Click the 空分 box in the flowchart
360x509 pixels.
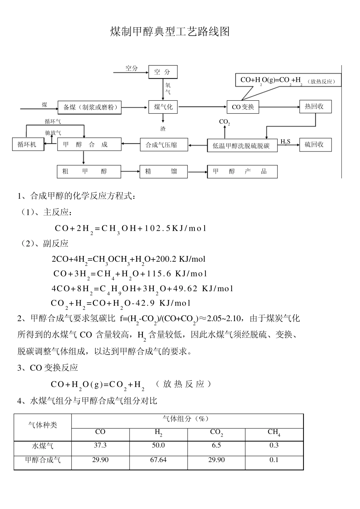(163, 72)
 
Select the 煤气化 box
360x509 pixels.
(163, 107)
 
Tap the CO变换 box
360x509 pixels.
(243, 107)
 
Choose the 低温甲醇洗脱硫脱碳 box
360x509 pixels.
(242, 145)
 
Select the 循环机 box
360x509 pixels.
(28, 144)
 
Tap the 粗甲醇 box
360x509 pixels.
(89, 172)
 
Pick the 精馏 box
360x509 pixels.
(163, 172)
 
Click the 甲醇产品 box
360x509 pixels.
(242, 172)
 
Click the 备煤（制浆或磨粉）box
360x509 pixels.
(90, 107)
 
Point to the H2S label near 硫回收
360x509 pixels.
(285, 142)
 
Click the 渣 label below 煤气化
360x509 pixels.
(163, 129)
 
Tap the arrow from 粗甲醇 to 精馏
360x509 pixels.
(130, 172)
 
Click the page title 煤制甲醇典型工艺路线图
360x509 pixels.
(170, 31)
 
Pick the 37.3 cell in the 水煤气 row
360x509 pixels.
(100, 445)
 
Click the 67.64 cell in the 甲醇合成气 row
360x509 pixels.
(158, 460)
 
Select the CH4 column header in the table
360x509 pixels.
(274, 432)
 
